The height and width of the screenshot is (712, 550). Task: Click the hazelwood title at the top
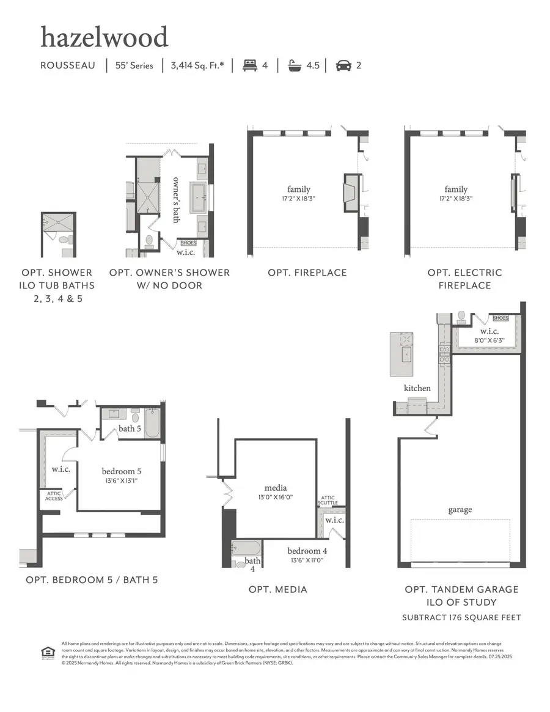[x=104, y=38]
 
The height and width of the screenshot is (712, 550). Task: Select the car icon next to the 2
[x=343, y=65]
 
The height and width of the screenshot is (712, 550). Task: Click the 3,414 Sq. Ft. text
[x=197, y=65]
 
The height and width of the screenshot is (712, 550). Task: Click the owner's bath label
[x=176, y=199]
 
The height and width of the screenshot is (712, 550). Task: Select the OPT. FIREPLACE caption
[x=307, y=273]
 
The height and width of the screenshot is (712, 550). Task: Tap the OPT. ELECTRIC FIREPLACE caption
[x=464, y=279]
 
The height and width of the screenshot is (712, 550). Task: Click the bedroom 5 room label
[x=122, y=471]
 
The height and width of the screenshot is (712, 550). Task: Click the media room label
[x=276, y=488]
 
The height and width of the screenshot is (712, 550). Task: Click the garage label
[x=460, y=510]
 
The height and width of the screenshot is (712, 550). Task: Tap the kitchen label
[x=417, y=388]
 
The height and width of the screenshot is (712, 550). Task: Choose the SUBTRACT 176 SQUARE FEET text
[x=461, y=617]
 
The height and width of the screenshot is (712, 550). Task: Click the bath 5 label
[x=130, y=428]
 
